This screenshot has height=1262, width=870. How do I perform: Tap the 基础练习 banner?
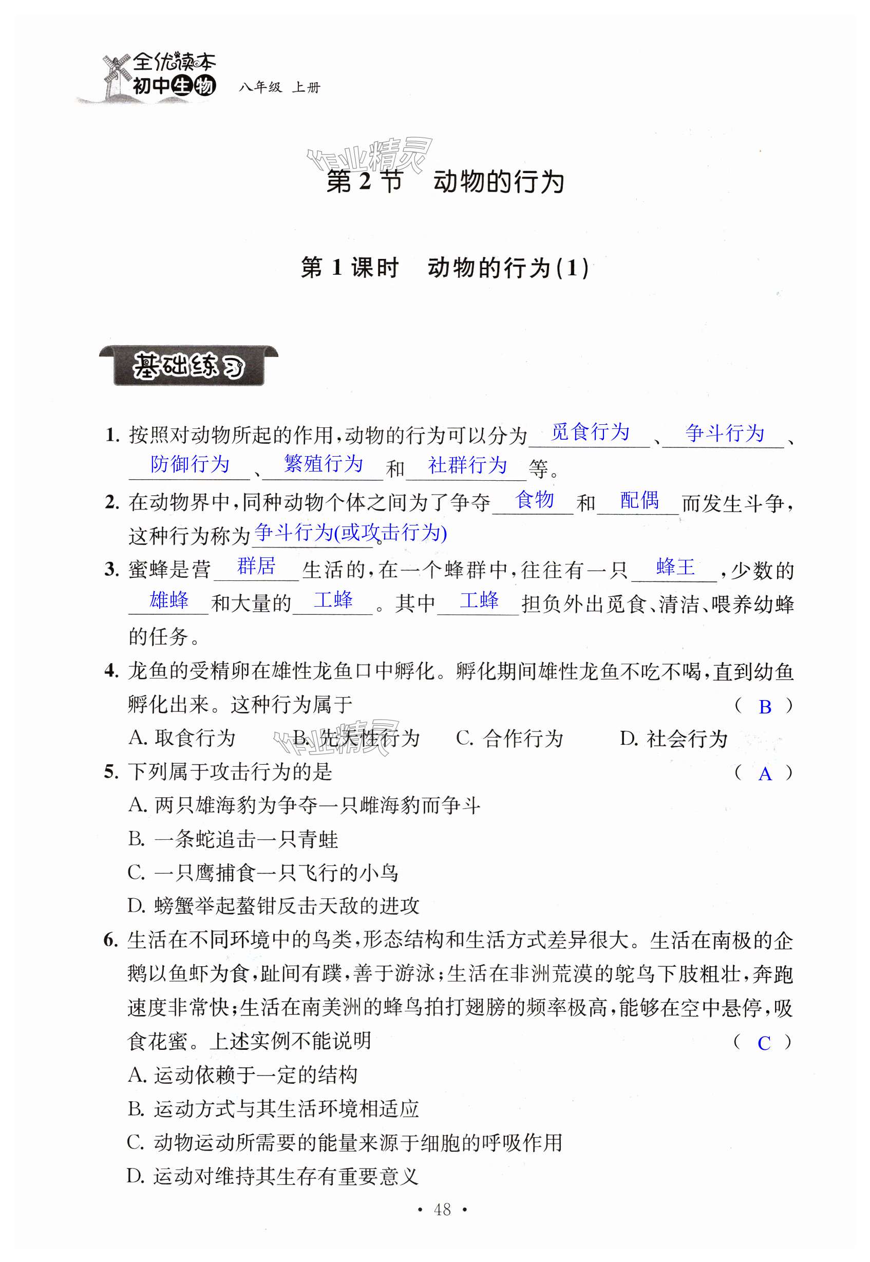188,366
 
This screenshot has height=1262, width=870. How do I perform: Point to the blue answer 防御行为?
190,464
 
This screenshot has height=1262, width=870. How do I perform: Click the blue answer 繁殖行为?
323,464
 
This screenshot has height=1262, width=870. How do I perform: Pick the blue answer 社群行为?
467,465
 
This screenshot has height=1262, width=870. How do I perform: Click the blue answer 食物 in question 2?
534,499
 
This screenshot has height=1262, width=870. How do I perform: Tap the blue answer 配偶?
639,500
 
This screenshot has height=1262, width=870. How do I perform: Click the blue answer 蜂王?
675,567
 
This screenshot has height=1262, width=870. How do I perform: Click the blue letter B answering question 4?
764,707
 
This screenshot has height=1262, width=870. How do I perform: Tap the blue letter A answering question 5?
764,774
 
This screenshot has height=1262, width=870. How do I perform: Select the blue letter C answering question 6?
764,1043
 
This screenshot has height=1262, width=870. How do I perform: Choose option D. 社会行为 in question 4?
673,739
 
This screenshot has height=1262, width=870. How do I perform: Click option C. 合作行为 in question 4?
509,739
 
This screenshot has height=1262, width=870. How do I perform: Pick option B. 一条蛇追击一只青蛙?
233,839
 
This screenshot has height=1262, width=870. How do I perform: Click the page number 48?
442,1210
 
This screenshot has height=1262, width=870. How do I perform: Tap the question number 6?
110,940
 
